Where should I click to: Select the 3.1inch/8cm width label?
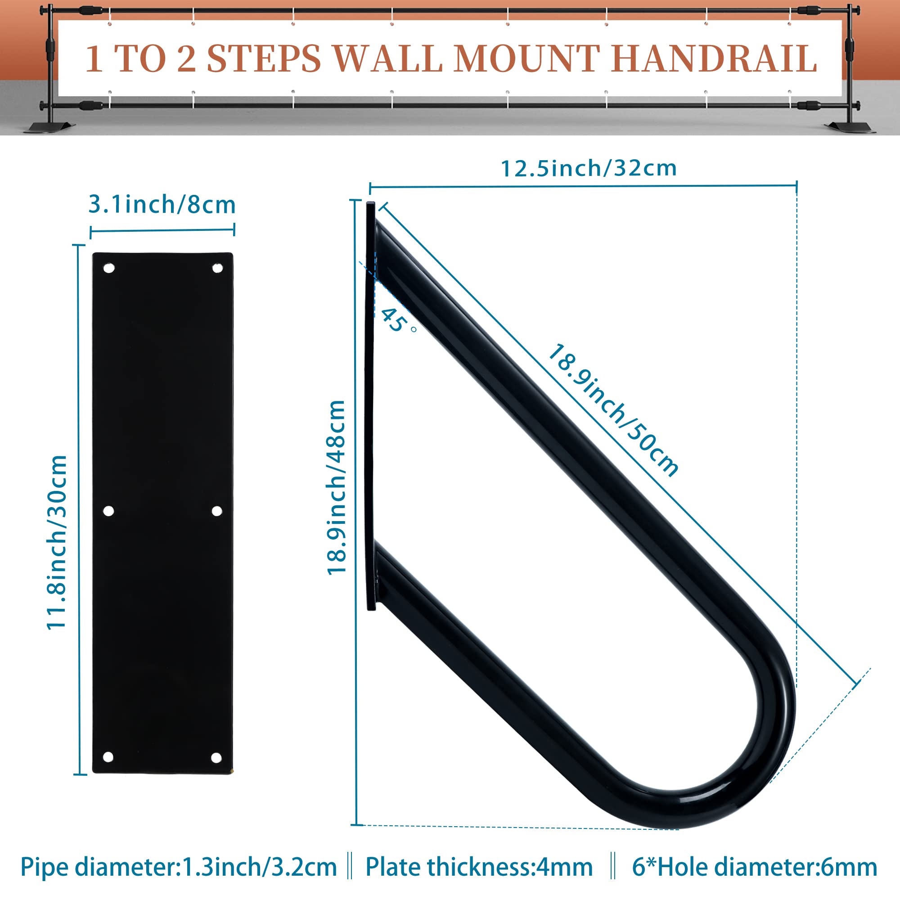(x=162, y=204)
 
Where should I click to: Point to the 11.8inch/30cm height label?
(x=57, y=543)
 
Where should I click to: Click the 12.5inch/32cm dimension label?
(x=588, y=168)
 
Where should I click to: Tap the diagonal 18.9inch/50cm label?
(x=613, y=410)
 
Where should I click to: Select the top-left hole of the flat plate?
(x=108, y=268)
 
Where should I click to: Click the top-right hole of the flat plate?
(x=217, y=268)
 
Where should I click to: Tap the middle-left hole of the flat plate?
(x=108, y=511)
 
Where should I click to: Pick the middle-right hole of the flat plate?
(x=216, y=511)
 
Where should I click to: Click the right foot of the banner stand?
(x=849, y=127)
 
